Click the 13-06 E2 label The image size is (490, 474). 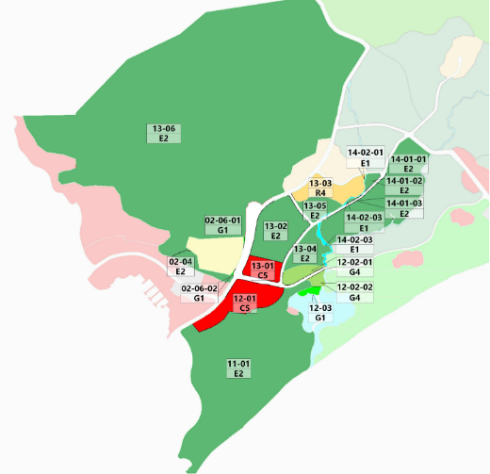[x=163, y=133]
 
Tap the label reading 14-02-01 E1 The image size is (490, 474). [x=365, y=157]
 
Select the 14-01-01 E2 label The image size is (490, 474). [x=408, y=164]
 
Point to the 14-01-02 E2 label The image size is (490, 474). [x=404, y=186]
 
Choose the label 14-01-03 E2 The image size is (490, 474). [x=404, y=208]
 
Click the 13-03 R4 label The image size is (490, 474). [x=321, y=188]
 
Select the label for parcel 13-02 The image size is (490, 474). [x=276, y=231]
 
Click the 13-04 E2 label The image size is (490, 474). [x=305, y=253]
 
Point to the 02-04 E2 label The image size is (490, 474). [x=181, y=267]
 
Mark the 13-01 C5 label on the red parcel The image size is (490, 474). [x=263, y=270]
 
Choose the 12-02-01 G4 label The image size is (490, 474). [x=355, y=268]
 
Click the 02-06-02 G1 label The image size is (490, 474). [x=199, y=293]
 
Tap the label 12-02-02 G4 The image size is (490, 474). [x=355, y=291]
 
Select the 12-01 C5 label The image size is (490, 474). [x=244, y=303]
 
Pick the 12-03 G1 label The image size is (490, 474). [x=321, y=313]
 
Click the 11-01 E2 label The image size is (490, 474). [x=238, y=368]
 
